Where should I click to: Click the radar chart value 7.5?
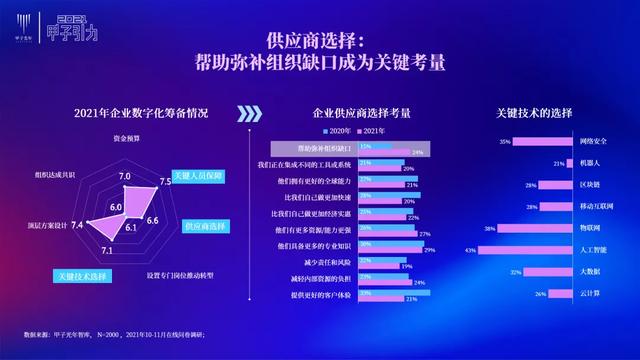tap(166, 182)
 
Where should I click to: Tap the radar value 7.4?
tap(78, 225)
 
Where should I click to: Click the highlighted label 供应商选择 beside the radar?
tap(205, 226)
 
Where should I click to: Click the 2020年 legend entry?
tap(336, 131)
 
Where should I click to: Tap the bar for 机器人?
tap(563, 163)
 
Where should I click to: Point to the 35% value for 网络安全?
tap(505, 142)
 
